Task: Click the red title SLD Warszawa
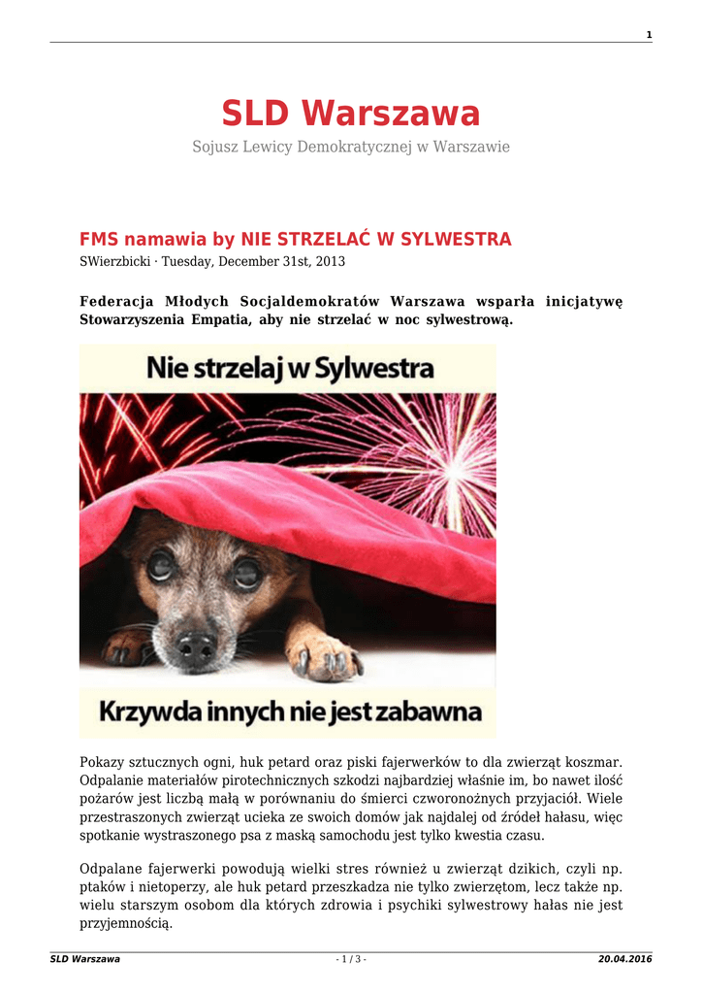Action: click(x=351, y=115)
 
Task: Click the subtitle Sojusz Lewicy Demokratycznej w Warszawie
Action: click(x=351, y=148)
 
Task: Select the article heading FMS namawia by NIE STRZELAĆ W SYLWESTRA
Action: click(x=295, y=240)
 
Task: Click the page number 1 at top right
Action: click(x=649, y=36)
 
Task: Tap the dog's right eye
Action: click(x=247, y=573)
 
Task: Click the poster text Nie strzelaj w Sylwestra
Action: click(x=290, y=368)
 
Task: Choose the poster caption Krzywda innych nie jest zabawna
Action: click(x=290, y=712)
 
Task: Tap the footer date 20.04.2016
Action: click(x=625, y=960)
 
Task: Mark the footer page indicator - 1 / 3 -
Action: click(x=351, y=960)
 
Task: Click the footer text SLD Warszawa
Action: click(x=85, y=960)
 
